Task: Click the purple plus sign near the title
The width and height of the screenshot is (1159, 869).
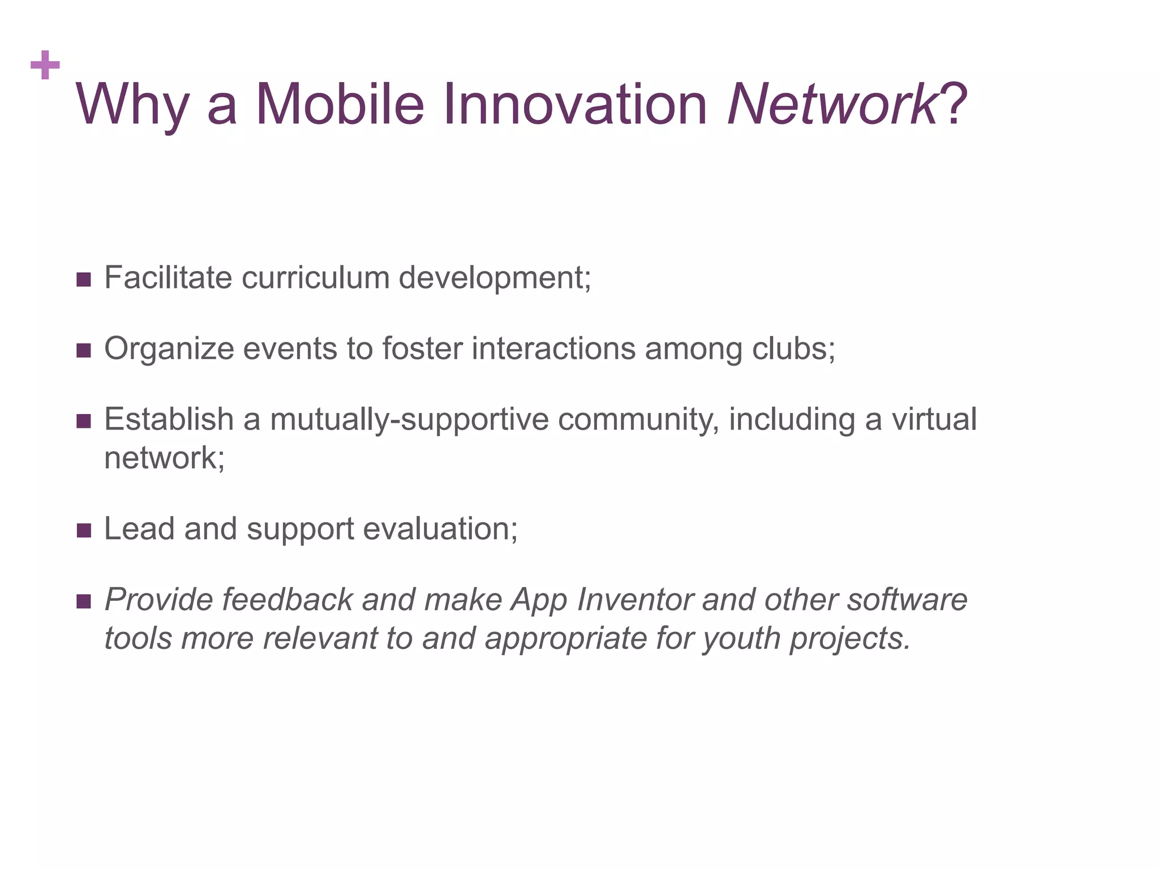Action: click(x=45, y=65)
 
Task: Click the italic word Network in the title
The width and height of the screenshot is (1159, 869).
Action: click(x=832, y=105)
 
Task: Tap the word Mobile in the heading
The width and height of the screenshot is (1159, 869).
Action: click(x=340, y=105)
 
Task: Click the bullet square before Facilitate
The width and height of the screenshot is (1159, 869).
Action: click(x=83, y=279)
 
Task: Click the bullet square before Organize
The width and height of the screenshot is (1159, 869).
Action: click(x=83, y=350)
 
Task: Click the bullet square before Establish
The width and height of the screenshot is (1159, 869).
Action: click(x=83, y=421)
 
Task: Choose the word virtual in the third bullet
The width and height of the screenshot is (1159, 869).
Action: click(x=934, y=420)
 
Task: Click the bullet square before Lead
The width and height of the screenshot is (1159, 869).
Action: click(x=83, y=530)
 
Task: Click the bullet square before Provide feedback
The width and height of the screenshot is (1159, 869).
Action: click(x=83, y=601)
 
